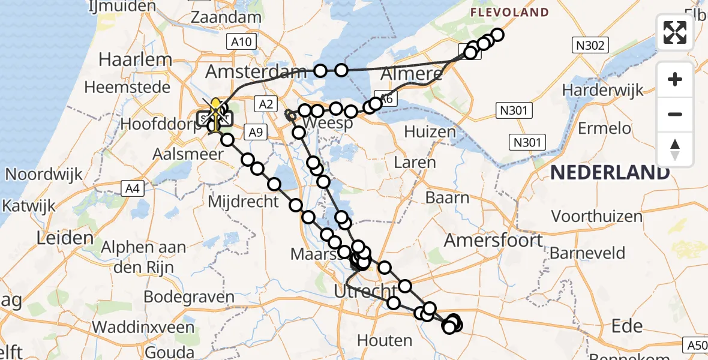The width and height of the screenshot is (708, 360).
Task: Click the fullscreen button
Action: [675, 32]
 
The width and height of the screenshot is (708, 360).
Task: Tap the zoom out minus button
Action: [675, 114]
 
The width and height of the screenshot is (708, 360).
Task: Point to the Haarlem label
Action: [135, 60]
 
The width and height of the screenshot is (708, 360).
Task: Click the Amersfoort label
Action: [493, 241]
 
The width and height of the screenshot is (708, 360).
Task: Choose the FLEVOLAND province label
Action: [509, 12]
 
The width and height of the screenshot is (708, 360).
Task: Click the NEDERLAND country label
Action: [610, 173]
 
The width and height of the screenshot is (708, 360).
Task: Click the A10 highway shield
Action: [242, 41]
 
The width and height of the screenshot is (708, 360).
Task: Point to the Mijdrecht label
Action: [244, 201]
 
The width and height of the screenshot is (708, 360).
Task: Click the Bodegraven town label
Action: [189, 297]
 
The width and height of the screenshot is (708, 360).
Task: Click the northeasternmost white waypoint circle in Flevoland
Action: [497, 35]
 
